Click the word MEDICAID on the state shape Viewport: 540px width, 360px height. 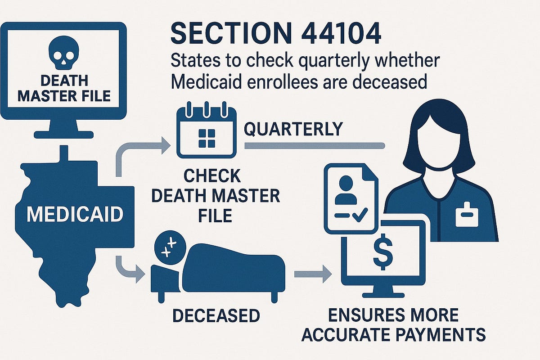click(x=75, y=214)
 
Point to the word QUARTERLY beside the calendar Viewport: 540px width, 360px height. click(x=293, y=129)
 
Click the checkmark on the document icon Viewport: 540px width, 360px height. click(x=359, y=216)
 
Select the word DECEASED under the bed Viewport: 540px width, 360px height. click(x=216, y=315)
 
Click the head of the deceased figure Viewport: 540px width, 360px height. click(x=169, y=247)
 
